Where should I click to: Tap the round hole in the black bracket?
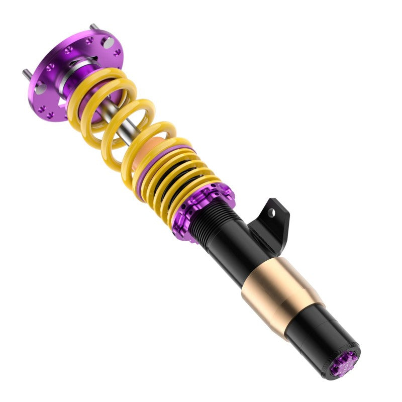[272, 213]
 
